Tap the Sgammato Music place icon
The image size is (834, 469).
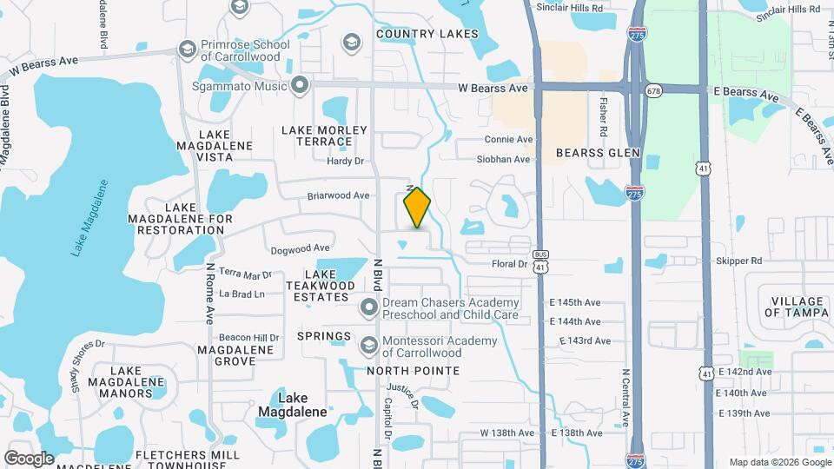[x=301, y=84]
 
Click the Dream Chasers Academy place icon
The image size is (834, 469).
[x=369, y=307]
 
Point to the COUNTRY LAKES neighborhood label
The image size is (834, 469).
[x=427, y=34]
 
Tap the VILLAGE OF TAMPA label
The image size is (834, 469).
[x=798, y=307]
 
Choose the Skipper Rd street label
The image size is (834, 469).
[x=738, y=261]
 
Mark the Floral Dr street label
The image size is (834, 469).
[x=510, y=263]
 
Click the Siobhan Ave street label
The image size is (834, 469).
[x=504, y=160]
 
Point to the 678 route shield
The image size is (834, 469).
[x=654, y=89]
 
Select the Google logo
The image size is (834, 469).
[x=29, y=458]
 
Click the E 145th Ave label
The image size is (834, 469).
[x=575, y=302]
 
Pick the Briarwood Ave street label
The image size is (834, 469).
[x=338, y=195]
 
